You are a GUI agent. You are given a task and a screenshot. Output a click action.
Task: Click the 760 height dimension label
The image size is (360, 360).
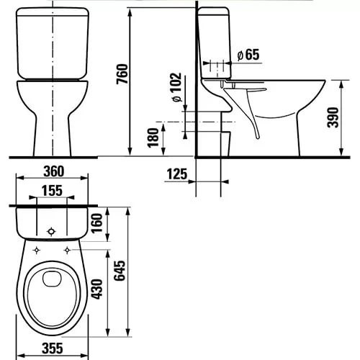(x=122, y=73)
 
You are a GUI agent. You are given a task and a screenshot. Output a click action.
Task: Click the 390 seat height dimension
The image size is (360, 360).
(x=333, y=117)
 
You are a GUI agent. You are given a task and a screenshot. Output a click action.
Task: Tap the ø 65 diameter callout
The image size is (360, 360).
(x=248, y=55)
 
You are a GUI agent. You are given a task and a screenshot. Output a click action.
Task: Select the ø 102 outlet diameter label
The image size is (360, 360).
(x=177, y=87)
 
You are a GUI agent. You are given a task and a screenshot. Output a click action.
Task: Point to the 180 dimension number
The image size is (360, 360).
(x=153, y=138)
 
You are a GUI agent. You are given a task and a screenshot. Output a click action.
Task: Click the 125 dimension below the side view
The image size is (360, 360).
(x=177, y=174)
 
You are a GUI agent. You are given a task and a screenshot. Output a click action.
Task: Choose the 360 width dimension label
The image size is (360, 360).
(x=54, y=171)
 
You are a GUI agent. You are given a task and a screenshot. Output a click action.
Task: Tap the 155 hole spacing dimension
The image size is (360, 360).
(x=53, y=191)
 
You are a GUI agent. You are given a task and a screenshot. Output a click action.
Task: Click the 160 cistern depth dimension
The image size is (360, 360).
(x=97, y=223)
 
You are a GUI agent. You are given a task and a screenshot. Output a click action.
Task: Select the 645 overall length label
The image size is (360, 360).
(x=120, y=271)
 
